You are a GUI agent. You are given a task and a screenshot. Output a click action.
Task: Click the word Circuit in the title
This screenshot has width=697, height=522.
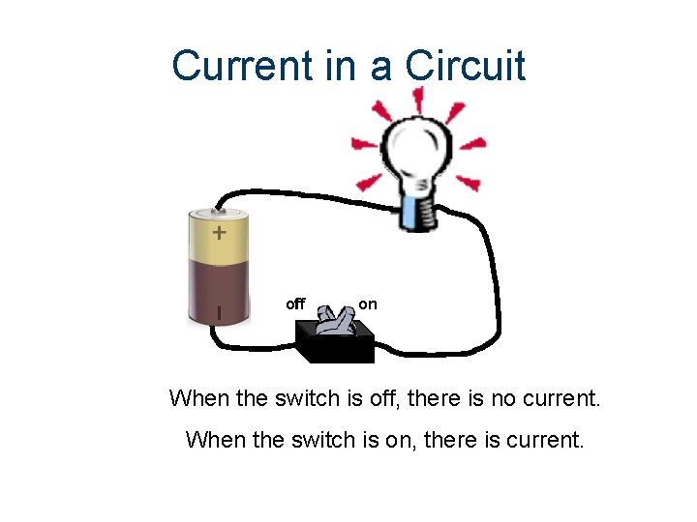click(466, 67)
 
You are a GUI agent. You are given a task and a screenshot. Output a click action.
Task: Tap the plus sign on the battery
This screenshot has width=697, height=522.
click(220, 233)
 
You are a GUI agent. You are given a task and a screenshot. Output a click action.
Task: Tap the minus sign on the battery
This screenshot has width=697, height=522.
click(219, 312)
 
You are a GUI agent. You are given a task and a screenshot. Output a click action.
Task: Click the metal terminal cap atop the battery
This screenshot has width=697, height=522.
click(219, 210)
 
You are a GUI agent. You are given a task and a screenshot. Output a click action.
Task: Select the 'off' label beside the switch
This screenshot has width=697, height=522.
click(295, 304)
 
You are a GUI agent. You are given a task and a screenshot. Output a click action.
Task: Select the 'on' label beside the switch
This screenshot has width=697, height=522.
click(368, 304)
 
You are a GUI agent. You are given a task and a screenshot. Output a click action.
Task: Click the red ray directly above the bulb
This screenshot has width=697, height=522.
click(419, 98)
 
